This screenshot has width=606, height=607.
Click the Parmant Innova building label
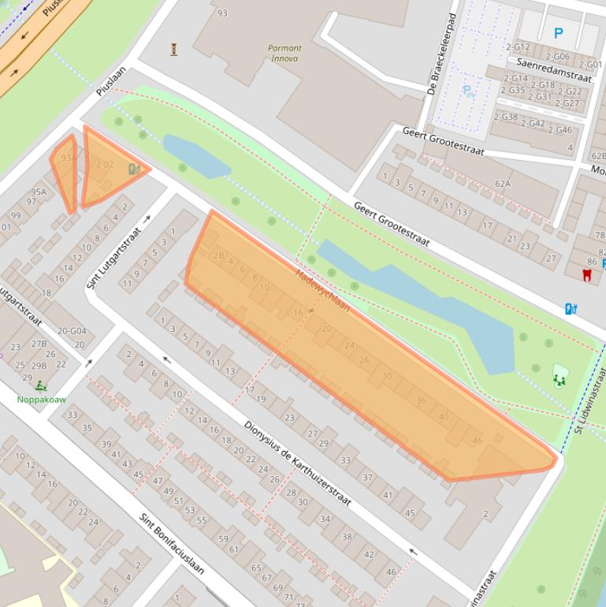click(x=284, y=53)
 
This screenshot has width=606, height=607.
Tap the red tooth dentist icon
click(x=586, y=275)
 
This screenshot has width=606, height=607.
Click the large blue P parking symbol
click(x=559, y=33)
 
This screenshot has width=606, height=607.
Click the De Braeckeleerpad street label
click(x=442, y=54)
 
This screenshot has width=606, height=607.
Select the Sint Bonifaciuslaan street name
click(x=172, y=545)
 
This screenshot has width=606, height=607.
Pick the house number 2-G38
click(x=506, y=117)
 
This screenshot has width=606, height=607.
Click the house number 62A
click(x=503, y=184)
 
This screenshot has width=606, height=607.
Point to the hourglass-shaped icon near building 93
click(x=173, y=50)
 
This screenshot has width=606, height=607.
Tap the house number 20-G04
click(x=72, y=331)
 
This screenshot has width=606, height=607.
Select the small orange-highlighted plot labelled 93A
click(x=66, y=170)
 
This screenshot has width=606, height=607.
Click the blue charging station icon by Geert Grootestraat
click(x=571, y=309)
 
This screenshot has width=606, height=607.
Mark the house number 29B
click(x=39, y=366)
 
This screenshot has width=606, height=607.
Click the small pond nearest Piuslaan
click(x=195, y=155)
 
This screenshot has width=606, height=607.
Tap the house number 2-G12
click(x=519, y=47)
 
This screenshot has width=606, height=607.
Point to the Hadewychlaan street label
click(x=322, y=290)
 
